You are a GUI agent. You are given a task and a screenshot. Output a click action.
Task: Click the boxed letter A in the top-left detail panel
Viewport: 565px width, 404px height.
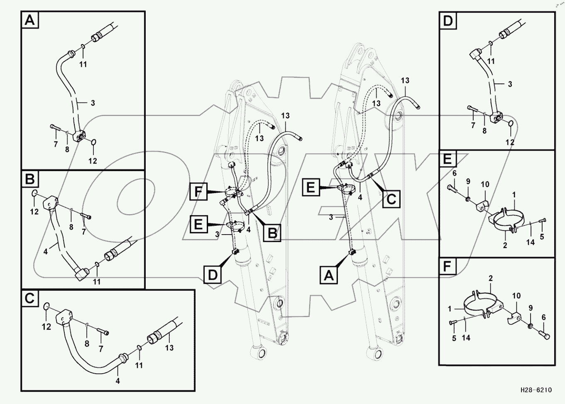(29, 20)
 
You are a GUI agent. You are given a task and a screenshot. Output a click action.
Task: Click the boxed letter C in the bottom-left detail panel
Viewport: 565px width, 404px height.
(29, 298)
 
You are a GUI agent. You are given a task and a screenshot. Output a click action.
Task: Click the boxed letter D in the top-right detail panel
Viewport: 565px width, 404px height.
(448, 20)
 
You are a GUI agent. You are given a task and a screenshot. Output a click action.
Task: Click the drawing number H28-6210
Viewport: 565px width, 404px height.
(536, 390)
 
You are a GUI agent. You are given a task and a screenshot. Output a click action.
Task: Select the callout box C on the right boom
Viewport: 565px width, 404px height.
(391, 200)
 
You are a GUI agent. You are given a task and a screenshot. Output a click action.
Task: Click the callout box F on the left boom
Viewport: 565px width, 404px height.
(199, 192)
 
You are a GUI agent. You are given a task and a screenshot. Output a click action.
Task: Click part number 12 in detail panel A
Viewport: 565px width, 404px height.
(93, 161)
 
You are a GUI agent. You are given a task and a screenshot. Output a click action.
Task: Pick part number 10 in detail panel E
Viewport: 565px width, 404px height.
(485, 184)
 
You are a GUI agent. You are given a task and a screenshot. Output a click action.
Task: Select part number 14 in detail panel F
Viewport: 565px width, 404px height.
(466, 338)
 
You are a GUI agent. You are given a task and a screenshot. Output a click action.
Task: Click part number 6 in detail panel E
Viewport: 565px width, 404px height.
(454, 173)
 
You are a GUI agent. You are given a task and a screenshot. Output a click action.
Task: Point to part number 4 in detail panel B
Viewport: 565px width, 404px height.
(46, 251)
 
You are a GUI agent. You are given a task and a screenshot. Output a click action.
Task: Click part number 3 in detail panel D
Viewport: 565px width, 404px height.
(510, 84)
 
